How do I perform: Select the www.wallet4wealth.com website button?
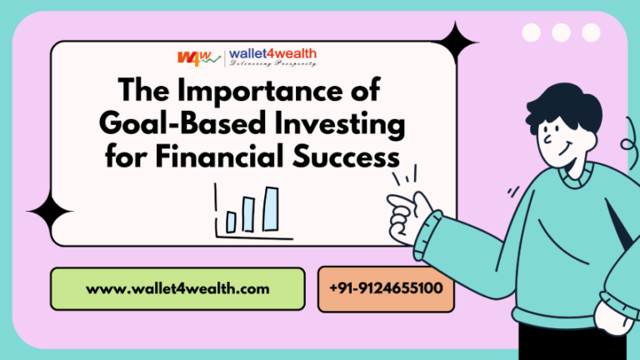(177, 289)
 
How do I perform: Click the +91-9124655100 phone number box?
(386, 289)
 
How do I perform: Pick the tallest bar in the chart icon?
(270, 208)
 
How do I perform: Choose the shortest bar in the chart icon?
(231, 222)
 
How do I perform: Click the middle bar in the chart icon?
(249, 216)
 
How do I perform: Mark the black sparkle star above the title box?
(457, 42)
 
